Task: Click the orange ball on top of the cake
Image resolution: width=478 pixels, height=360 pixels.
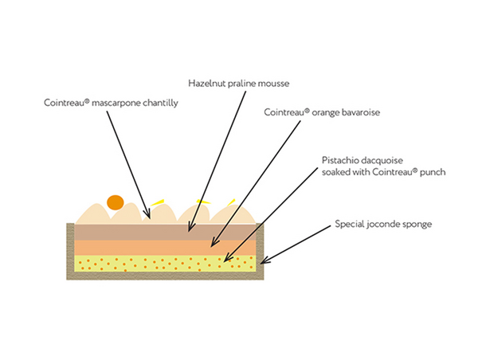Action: tap(116, 203)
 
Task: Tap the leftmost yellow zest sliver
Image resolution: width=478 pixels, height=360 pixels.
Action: tap(159, 201)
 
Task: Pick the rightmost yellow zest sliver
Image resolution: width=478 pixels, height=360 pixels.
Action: tap(232, 201)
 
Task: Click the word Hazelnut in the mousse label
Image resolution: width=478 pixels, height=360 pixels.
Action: tap(206, 82)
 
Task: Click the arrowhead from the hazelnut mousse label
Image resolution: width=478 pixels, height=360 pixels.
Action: tap(188, 231)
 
